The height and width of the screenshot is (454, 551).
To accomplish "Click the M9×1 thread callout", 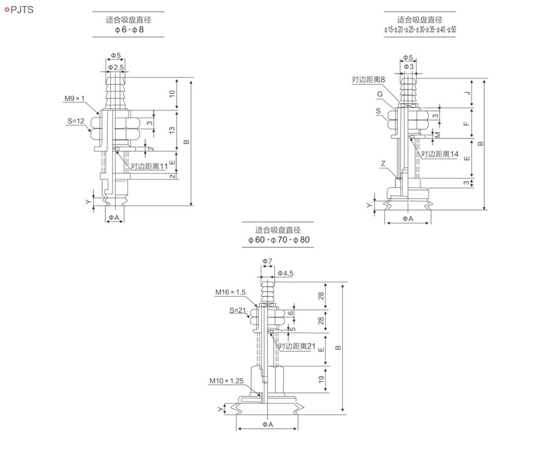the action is tap(75, 99).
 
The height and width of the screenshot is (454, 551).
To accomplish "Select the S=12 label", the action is tap(76, 121).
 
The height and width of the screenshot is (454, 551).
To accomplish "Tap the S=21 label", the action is tap(238, 310).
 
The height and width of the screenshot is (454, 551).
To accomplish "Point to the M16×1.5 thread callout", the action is tap(231, 292).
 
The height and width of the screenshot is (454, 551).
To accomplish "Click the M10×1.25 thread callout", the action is tap(227, 380).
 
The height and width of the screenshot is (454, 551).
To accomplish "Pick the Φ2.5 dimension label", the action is tap(116, 67).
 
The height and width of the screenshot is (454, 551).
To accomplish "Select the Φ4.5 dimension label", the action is tap(285, 273).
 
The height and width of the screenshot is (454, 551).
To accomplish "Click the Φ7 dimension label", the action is tap(268, 261).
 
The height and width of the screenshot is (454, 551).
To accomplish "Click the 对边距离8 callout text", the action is tap(369, 80).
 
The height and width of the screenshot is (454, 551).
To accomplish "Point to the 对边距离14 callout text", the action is tap(440, 154).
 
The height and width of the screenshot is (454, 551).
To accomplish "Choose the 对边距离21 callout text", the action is tap(296, 346).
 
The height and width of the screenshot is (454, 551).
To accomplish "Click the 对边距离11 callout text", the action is tap(149, 166).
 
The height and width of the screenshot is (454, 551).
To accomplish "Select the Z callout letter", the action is tap(383, 163).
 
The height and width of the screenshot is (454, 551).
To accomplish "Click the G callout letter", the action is tap(380, 94).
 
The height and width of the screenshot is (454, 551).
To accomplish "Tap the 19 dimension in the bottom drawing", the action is tap(321, 379).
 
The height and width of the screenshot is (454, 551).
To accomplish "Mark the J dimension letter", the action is tap(467, 93).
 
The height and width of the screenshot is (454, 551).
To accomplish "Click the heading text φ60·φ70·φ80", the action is tap(279, 240).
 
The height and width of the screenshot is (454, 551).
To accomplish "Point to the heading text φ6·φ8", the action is tap(129, 29).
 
